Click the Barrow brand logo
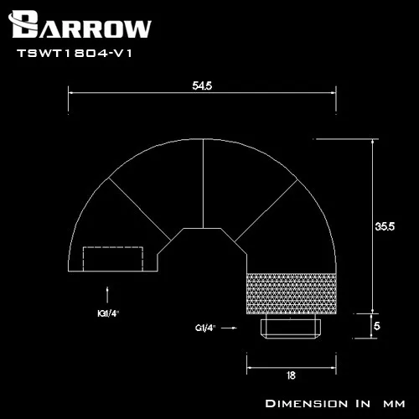(81, 26)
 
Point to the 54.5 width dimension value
(201, 85)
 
